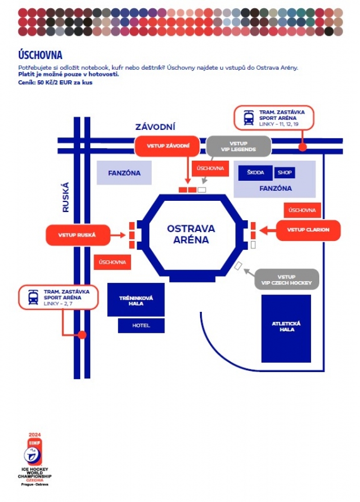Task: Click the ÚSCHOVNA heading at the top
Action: (40, 55)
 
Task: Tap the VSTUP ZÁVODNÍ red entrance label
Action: (167, 146)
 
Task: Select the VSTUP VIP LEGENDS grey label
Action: (238, 146)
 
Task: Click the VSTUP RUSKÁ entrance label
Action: (78, 235)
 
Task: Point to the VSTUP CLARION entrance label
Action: (308, 230)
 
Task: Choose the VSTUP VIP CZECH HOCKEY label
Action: (287, 279)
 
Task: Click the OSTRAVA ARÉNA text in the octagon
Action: (191, 234)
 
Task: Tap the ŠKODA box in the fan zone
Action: (255, 173)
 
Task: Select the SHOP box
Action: (285, 173)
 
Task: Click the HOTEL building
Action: (141, 326)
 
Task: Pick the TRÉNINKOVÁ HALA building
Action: (136, 300)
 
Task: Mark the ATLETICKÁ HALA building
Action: (286, 328)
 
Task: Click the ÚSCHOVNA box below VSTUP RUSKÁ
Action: (112, 262)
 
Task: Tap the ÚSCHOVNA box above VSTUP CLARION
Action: (302, 210)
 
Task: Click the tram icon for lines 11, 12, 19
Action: (248, 118)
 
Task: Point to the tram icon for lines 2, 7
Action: (33, 297)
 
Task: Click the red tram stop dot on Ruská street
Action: (82, 335)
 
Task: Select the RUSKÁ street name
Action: (66, 197)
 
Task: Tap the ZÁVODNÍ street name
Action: (155, 127)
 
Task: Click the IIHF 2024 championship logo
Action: (34, 459)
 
